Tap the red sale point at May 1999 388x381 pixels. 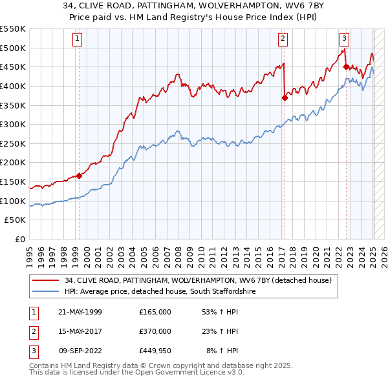click(80, 176)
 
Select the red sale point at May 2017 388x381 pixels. click(285, 98)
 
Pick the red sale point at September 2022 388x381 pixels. click(346, 67)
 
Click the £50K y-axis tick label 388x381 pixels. click(16, 220)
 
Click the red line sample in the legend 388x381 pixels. click(46, 280)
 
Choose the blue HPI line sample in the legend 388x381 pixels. click(46, 292)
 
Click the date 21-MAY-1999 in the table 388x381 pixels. click(80, 312)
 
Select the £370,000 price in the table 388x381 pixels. click(155, 331)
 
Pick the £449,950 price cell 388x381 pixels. click(155, 351)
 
